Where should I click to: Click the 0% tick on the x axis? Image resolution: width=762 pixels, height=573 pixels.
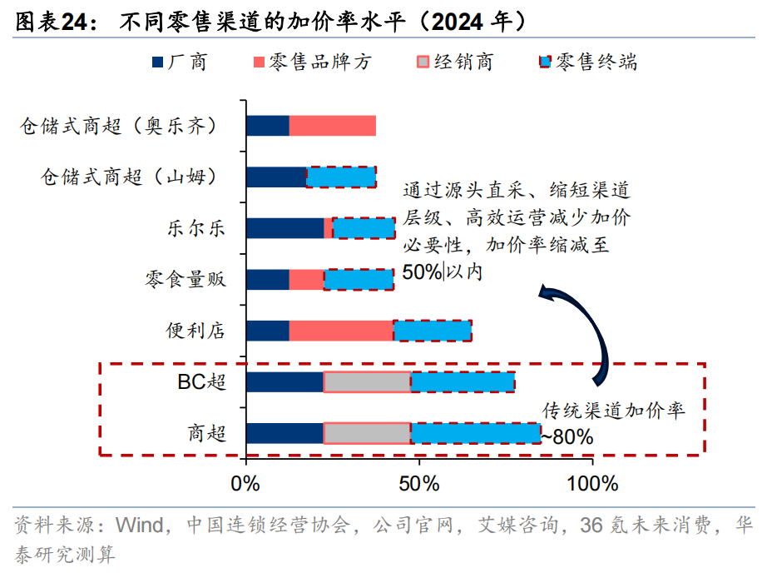point(245,483)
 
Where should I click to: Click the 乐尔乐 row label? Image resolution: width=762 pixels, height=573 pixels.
point(195,228)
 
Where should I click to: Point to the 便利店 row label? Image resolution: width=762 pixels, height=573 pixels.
point(195,331)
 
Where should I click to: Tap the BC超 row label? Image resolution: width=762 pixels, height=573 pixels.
point(201,382)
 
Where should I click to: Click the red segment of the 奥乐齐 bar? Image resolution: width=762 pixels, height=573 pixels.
point(332,126)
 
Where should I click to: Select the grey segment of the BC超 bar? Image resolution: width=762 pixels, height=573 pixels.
point(367,382)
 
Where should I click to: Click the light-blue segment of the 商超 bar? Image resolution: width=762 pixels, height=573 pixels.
point(475,433)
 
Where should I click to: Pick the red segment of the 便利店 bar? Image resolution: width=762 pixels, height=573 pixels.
point(341,331)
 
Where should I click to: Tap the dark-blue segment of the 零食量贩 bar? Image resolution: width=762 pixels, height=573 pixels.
point(268,279)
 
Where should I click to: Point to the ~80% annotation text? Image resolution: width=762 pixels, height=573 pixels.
point(567,436)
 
